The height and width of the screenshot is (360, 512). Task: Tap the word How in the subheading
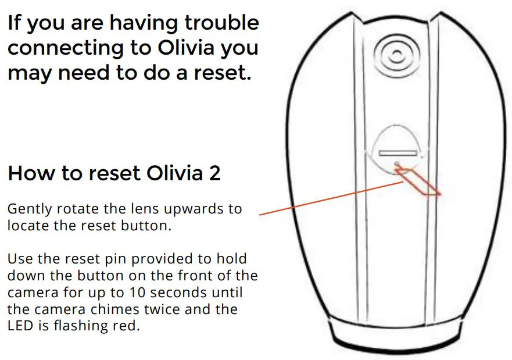tap(33, 173)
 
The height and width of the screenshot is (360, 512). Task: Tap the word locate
tap(27, 226)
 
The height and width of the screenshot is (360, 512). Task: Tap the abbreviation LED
tap(20, 325)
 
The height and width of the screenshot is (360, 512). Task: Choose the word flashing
tap(73, 325)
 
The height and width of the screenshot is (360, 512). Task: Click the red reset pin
tap(418, 180)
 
